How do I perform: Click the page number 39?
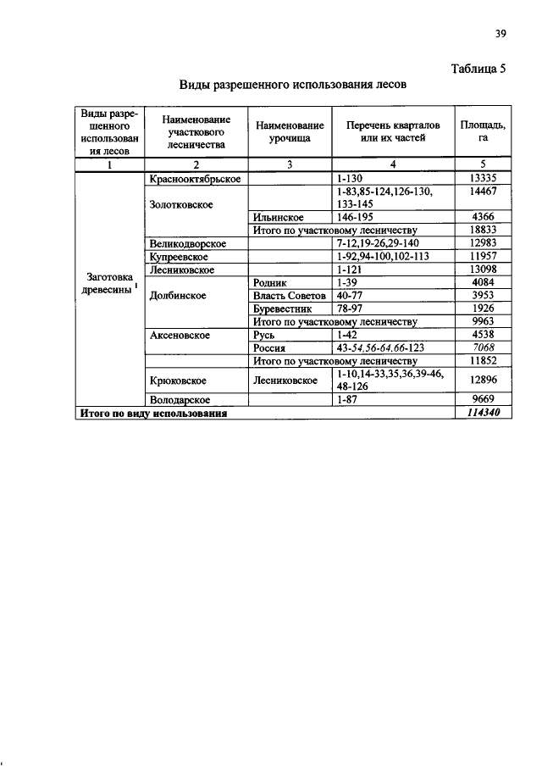coord(500,34)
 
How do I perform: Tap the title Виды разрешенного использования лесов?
coord(294,86)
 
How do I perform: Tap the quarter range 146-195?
coord(356,217)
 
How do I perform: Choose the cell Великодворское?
coord(187,243)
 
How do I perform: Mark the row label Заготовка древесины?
coord(108,282)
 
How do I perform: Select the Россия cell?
coord(271,347)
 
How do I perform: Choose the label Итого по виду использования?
coord(153,414)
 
